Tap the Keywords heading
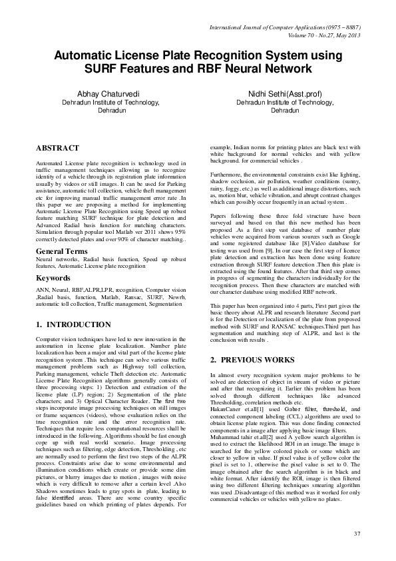[53, 277]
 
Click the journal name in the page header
[284, 27]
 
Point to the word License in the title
[148, 56]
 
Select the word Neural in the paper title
[239, 69]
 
